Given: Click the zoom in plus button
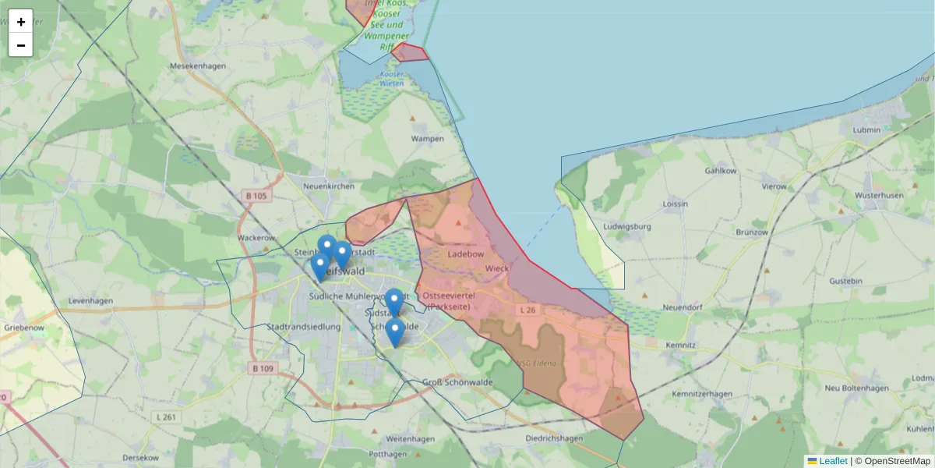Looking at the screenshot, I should point(21,22).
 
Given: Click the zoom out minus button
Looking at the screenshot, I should point(21,45).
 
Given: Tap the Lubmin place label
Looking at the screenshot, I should point(866,129).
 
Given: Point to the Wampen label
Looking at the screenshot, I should point(428,139).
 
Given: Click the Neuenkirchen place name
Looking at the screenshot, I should point(329,186).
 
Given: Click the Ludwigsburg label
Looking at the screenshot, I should point(627,227).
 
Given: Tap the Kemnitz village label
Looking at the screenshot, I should point(681,344).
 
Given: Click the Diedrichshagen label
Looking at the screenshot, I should point(554,438).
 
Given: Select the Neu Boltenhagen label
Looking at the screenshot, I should point(856,388).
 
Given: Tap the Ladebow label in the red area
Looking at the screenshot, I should point(466,254).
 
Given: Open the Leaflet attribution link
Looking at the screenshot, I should point(833,461).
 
